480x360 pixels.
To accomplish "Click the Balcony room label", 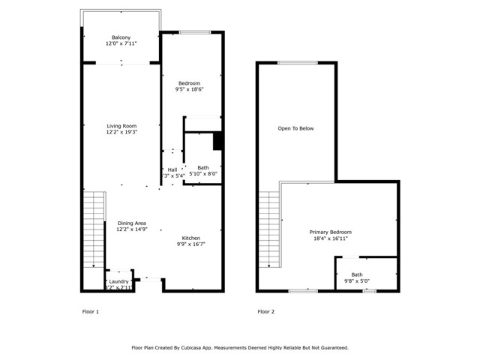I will pyautogui.click(x=121, y=37).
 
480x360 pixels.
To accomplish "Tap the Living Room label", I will pyautogui.click(x=121, y=125).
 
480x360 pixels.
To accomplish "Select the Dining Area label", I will pyautogui.click(x=130, y=223).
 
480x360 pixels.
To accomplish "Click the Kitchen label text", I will pyautogui.click(x=190, y=237).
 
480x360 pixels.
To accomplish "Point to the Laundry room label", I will pyautogui.click(x=119, y=281).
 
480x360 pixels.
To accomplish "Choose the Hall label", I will pyautogui.click(x=172, y=169).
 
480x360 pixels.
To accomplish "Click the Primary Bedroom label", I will pyautogui.click(x=331, y=232).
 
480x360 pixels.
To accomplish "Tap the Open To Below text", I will pyautogui.click(x=295, y=128).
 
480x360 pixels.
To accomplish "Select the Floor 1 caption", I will pyautogui.click(x=90, y=311).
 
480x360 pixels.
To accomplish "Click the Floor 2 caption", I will pyautogui.click(x=266, y=311).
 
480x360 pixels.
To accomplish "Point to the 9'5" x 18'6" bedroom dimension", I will pyautogui.click(x=189, y=89).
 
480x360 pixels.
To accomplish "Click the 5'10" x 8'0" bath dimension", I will pyautogui.click(x=202, y=174).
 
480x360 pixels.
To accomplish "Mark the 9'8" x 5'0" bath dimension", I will pyautogui.click(x=356, y=281).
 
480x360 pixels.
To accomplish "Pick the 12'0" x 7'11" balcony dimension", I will pyautogui.click(x=121, y=44).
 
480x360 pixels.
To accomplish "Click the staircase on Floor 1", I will pyautogui.click(x=93, y=229).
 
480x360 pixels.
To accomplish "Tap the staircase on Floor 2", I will pyautogui.click(x=268, y=229).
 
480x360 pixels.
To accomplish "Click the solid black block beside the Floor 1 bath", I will pyautogui.click(x=218, y=141).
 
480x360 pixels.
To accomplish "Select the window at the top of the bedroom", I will pyautogui.click(x=194, y=31).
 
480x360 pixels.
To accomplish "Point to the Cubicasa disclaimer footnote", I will pyautogui.click(x=240, y=348).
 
